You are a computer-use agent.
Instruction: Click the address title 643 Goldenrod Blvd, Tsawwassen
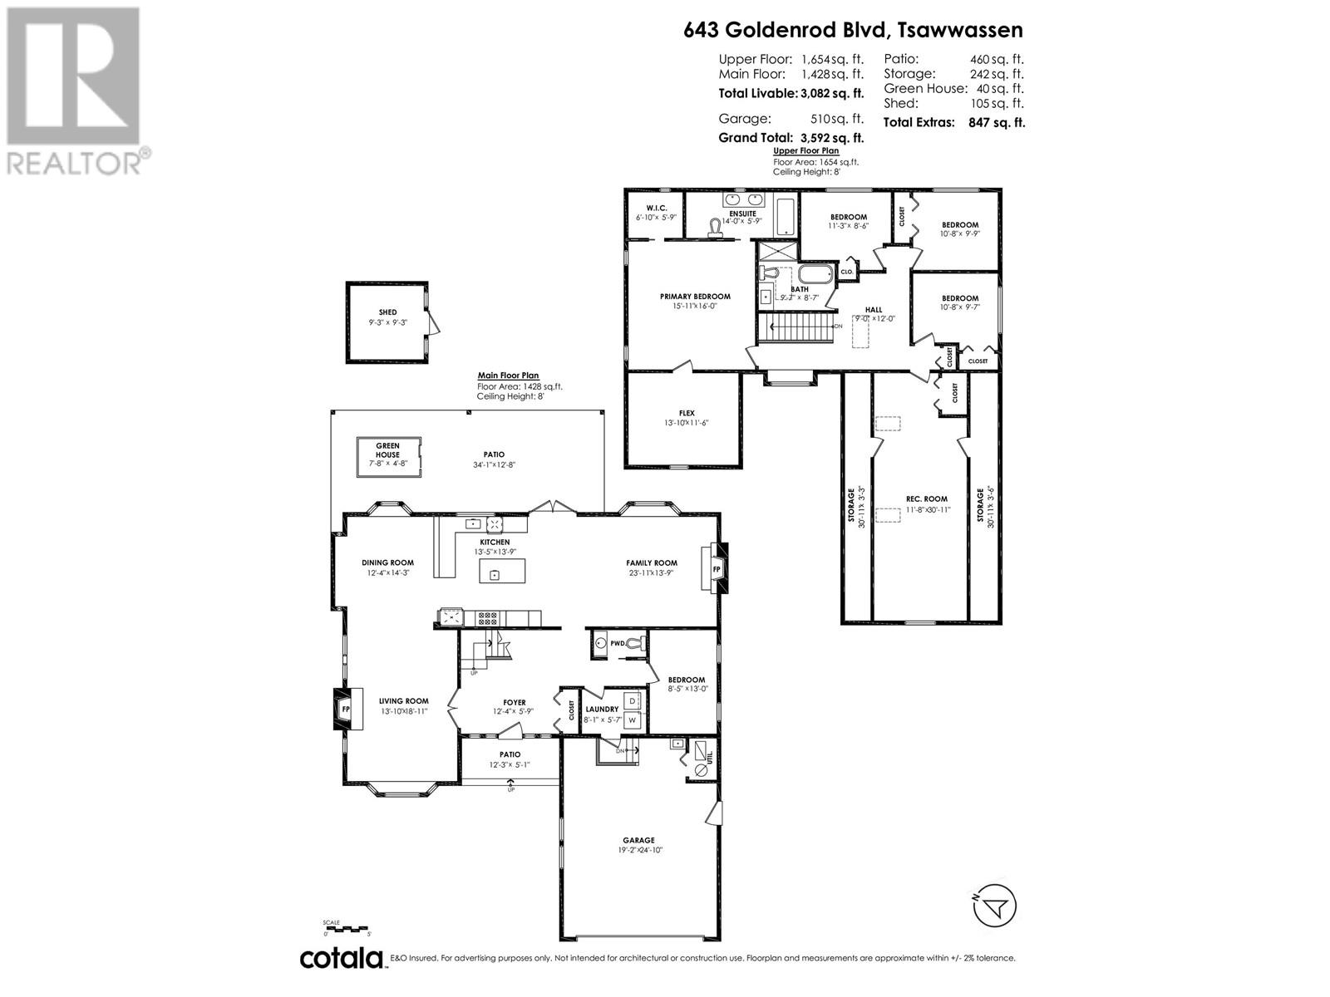click(x=853, y=30)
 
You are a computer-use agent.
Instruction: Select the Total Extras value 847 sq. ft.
click(x=996, y=122)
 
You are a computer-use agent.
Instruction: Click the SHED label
click(x=387, y=312)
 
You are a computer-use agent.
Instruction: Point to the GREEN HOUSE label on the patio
click(x=387, y=450)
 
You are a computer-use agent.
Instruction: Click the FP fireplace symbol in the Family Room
click(x=717, y=569)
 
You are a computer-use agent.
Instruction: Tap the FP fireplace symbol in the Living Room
click(x=346, y=709)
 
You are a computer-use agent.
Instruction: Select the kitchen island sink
click(x=495, y=574)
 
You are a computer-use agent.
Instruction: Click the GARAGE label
click(x=639, y=840)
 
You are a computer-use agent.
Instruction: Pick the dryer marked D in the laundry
click(x=632, y=701)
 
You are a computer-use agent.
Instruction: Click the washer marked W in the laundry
click(x=632, y=720)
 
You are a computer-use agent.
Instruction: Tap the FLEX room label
click(x=686, y=413)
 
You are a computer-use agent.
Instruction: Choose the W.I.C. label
click(x=657, y=208)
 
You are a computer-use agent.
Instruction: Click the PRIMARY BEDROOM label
click(x=695, y=297)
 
